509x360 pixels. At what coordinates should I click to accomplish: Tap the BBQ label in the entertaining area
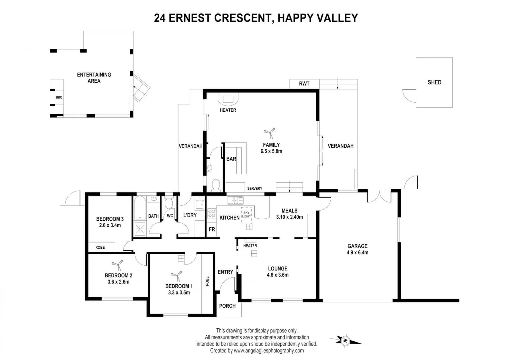[x=59, y=97]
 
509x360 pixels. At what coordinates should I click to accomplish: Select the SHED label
[x=434, y=82]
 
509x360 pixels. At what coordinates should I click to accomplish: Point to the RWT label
[x=304, y=84]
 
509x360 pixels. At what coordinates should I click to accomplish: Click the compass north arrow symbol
[x=346, y=340]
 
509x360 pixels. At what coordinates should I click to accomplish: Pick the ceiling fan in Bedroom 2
[x=117, y=265]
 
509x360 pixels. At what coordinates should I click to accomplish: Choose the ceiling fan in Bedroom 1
[x=177, y=276]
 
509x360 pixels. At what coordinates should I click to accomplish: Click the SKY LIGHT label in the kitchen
[x=246, y=214]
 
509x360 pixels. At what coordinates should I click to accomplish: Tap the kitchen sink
[x=235, y=200]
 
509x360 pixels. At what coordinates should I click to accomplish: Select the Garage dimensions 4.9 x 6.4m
[x=357, y=253]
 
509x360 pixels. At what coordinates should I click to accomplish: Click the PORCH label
[x=227, y=306]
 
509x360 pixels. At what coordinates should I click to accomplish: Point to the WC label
[x=170, y=216]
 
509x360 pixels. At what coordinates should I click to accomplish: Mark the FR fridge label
[x=212, y=229]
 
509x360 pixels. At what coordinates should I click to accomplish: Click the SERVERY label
[x=254, y=188]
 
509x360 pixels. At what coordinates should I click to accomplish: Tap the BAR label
[x=231, y=159]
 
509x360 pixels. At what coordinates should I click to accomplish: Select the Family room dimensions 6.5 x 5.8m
[x=271, y=151]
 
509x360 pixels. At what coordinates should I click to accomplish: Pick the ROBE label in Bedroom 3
[x=100, y=247]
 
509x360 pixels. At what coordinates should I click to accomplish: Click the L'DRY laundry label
[x=190, y=215]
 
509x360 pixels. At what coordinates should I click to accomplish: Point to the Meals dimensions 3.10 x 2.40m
[x=289, y=217]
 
